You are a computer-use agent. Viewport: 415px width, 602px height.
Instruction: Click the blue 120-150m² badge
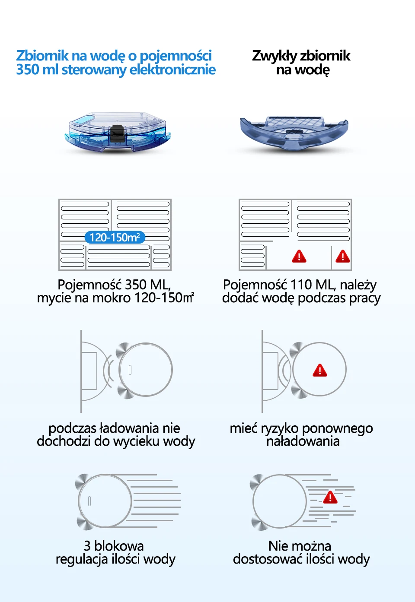[x=115, y=238]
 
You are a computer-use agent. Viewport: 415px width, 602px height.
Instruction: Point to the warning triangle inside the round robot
[x=320, y=371]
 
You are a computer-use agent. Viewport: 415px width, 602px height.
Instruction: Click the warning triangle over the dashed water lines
[x=330, y=497]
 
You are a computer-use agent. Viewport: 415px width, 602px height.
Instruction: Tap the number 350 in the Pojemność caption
[x=135, y=285]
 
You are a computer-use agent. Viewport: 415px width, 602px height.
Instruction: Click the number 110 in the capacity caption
[x=301, y=285]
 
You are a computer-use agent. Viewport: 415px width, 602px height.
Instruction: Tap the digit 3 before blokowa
[x=87, y=546]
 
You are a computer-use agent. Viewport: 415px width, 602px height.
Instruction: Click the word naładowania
[x=303, y=441]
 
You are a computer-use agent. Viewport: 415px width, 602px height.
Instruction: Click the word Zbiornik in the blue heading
[x=42, y=56]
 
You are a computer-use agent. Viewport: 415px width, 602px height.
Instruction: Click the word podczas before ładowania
[x=72, y=428]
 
